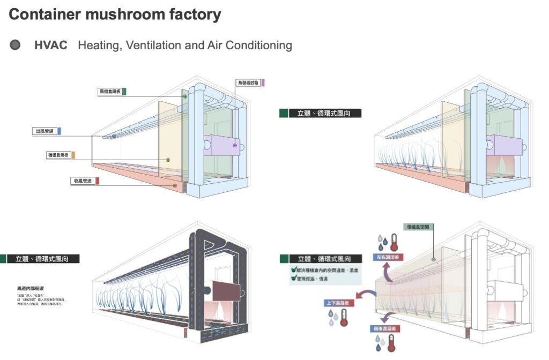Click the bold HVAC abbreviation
(x=51, y=45)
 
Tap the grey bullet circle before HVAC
(x=15, y=45)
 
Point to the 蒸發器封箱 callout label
(x=248, y=82)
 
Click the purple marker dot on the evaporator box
(x=234, y=145)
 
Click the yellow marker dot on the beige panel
(x=168, y=160)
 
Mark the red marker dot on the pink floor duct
(x=175, y=185)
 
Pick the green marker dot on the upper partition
(x=185, y=96)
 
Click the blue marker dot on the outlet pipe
(x=114, y=137)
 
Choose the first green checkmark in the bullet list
(x=293, y=271)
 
